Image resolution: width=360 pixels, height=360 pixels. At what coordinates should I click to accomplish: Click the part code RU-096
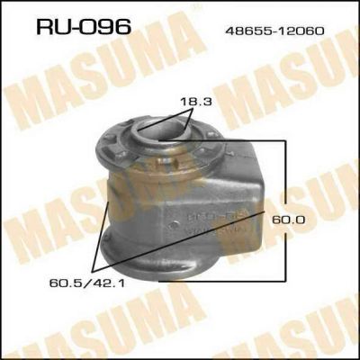click(84, 26)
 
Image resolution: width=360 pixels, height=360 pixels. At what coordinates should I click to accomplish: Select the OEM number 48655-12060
click(274, 31)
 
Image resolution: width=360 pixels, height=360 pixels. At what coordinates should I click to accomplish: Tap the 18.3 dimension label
click(196, 102)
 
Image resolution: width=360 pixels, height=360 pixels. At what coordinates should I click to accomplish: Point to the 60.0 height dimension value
click(289, 220)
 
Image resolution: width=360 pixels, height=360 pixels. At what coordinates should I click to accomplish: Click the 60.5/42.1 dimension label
click(86, 283)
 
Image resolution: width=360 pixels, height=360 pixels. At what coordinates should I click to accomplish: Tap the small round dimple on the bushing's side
click(174, 224)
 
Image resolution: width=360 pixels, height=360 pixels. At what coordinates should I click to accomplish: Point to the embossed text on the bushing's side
click(217, 222)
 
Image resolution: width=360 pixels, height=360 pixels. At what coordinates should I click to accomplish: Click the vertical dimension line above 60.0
click(286, 177)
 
